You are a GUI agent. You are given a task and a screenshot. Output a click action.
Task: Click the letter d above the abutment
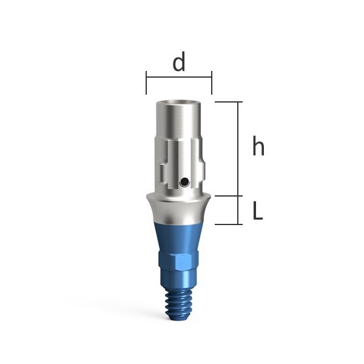pos(179,61)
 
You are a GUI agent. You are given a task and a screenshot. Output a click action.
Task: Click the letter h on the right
pos(258,146)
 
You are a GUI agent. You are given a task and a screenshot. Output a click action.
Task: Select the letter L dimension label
pos(257,211)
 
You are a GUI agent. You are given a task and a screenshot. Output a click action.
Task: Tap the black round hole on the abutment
pos(184,181)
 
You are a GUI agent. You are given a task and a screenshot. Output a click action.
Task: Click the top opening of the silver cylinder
pos(178,103)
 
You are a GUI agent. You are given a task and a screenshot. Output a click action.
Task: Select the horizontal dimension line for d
pos(179,77)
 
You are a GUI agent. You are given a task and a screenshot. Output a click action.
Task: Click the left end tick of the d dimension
pos(146,83)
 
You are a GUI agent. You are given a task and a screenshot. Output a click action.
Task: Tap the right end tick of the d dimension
pos(212,83)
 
